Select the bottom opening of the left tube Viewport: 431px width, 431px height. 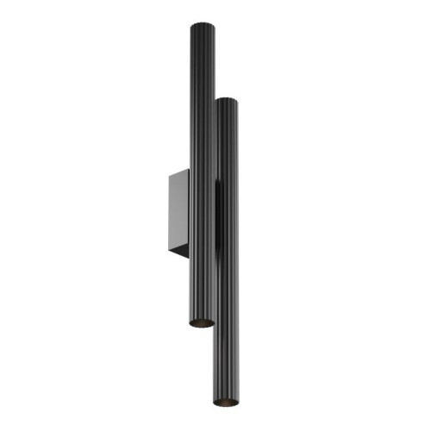coord(201,323)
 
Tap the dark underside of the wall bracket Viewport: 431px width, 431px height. coord(182,253)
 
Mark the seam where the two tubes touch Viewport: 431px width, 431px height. coord(214,215)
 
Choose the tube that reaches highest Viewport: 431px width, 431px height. coord(200,129)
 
